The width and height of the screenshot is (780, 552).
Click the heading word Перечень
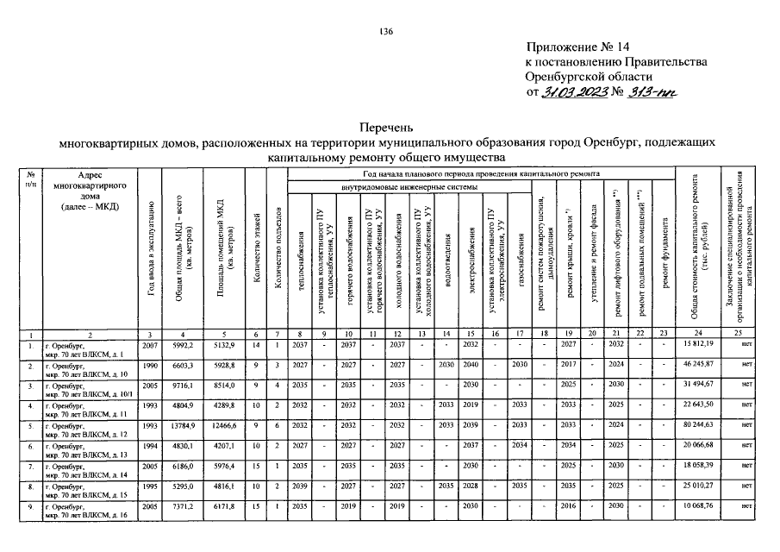click(x=389, y=126)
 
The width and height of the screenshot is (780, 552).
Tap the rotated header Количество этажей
click(x=256, y=250)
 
